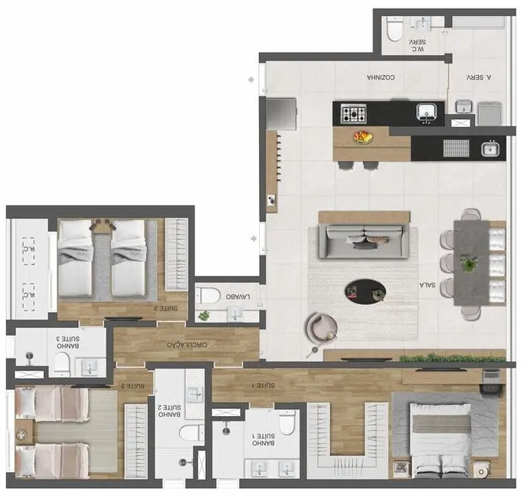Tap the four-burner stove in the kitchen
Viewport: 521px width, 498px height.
354,115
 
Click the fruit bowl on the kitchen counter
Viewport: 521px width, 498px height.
363,138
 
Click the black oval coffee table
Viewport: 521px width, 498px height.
365,290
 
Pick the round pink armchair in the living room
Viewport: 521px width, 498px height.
321,328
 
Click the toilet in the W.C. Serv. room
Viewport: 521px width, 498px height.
394,30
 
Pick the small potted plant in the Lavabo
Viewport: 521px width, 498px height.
204,315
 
